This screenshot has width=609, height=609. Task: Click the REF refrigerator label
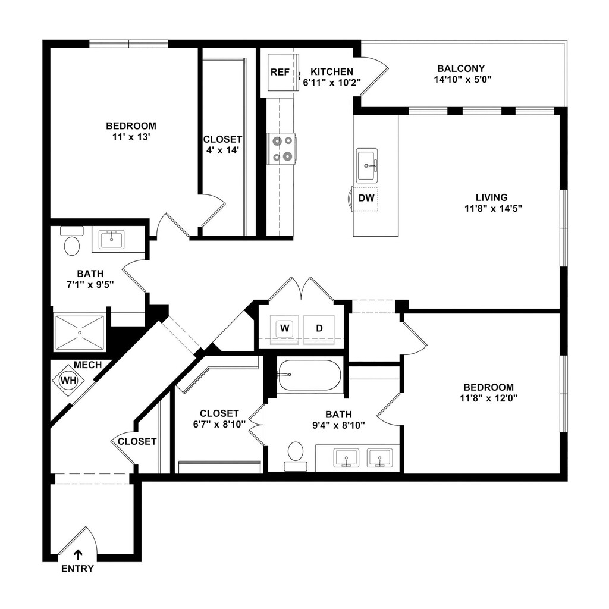coord(280,72)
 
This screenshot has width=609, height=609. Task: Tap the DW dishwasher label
coord(366,198)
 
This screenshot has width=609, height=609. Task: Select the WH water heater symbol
coord(68,380)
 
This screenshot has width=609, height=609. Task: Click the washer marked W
coord(285,328)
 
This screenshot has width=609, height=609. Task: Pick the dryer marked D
coord(319,328)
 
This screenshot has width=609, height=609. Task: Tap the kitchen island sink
coord(367,165)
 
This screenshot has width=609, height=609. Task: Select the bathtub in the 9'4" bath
coord(309,375)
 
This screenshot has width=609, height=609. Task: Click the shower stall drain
coord(80,332)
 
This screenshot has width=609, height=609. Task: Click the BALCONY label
coord(461,68)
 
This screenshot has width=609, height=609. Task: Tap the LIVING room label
coord(492,197)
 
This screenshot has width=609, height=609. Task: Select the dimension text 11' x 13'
coord(131,137)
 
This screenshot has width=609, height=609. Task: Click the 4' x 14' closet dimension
coord(222,150)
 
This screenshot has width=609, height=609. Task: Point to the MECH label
coord(88,365)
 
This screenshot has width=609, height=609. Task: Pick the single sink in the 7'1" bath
coord(112,240)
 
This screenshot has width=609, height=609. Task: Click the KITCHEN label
coord(332,72)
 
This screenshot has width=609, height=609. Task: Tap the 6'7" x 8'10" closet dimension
coord(219,424)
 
